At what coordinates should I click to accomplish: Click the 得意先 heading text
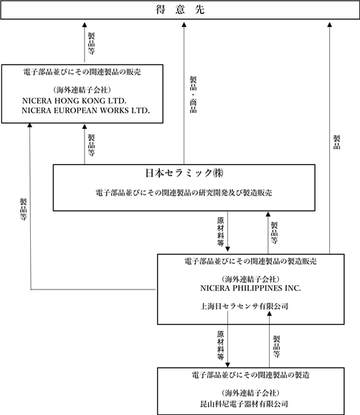180,9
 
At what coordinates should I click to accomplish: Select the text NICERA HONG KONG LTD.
74,101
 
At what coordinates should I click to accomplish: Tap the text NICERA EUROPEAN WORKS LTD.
85,110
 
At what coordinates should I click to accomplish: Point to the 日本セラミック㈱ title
184,173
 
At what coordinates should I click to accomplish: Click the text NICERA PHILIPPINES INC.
250,288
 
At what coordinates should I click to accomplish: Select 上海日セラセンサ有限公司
244,306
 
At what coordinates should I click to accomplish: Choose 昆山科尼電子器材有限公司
244,404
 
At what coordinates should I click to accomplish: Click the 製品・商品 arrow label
193,95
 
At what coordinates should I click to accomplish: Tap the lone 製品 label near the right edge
336,142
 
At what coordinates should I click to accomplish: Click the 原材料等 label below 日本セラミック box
221,232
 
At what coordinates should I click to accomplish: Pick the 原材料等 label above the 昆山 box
221,345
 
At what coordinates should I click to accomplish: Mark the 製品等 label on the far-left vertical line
24,209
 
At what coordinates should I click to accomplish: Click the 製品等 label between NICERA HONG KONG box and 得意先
91,44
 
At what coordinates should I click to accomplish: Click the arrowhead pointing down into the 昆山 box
227,366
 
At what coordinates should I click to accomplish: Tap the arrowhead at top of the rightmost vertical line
330,24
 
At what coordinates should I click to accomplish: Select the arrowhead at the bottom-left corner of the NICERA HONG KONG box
29,125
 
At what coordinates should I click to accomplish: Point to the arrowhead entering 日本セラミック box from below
267,214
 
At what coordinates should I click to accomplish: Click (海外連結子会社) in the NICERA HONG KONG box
82,90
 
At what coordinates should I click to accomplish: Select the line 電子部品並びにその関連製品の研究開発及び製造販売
184,193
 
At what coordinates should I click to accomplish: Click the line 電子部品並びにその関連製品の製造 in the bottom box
250,375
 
